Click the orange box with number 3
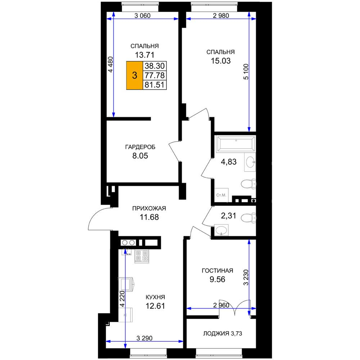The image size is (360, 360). click(135, 75)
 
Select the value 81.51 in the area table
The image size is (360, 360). click(154, 85)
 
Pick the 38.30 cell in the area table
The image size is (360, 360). click(154, 66)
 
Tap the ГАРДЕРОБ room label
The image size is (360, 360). click(140, 147)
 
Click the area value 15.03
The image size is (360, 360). click(221, 61)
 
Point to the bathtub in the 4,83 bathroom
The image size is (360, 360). click(236, 144)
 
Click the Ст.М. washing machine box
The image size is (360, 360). click(221, 195)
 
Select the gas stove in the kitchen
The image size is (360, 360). click(141, 256)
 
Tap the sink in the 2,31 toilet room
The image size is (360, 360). click(221, 230)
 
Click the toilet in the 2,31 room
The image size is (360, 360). click(248, 218)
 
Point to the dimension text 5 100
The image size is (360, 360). click(246, 72)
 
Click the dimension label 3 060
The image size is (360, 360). click(142, 15)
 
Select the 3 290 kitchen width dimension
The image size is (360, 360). click(144, 338)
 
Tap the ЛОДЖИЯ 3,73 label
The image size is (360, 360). click(222, 333)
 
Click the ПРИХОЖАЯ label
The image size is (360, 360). click(149, 208)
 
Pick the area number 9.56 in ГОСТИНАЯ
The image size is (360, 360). click(217, 279)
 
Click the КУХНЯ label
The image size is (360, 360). click(156, 297)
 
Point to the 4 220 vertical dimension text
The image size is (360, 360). click(122, 299)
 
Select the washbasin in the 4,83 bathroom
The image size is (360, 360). click(250, 162)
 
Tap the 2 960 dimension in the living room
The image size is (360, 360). click(221, 305)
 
